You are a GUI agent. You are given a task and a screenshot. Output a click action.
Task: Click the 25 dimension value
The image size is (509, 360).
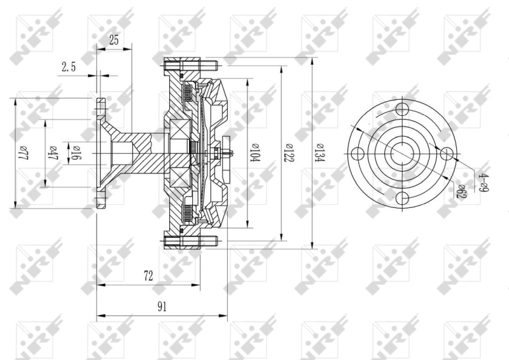tap(114, 40)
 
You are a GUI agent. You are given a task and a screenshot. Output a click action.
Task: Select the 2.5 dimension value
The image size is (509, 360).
tap(69, 66)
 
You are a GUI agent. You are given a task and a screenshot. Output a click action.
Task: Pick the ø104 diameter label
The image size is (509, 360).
tap(255, 153)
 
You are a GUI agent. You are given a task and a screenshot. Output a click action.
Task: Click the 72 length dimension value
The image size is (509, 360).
tap(148, 275)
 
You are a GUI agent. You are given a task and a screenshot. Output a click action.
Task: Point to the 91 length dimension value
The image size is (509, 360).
tap(162, 307)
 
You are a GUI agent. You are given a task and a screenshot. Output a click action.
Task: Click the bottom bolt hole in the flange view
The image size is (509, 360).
tap(402, 199)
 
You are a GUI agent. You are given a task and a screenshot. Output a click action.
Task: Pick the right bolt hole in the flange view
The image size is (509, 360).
tap(448, 153)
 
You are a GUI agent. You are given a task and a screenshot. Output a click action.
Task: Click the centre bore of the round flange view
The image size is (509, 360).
tap(402, 153)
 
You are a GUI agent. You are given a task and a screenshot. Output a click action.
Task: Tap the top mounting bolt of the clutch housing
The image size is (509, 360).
tap(190, 64)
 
